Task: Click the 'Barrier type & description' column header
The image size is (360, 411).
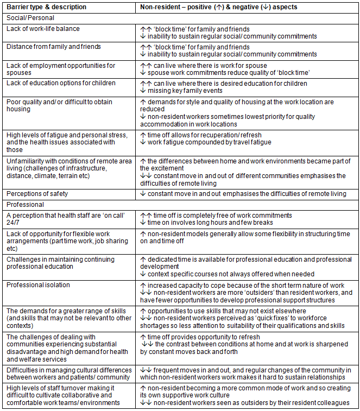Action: click(x=47, y=8)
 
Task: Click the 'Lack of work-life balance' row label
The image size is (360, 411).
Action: click(x=43, y=29)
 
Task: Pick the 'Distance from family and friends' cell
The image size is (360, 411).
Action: click(x=53, y=47)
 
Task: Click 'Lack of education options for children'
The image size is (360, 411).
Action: click(x=61, y=83)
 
